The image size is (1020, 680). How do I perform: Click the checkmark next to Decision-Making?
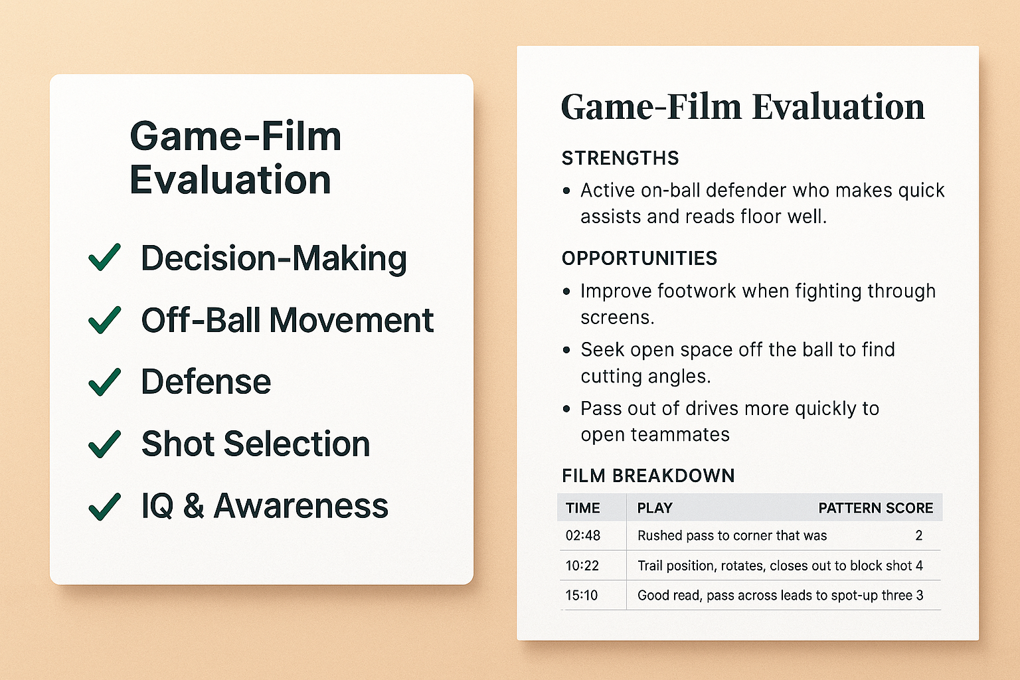point(104,258)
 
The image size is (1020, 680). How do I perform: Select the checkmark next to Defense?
point(104,382)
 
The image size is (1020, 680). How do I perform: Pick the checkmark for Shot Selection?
point(104,444)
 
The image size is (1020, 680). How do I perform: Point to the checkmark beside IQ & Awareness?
point(104,507)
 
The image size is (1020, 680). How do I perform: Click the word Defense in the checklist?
point(206,381)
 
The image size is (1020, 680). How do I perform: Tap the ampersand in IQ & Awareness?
point(193,506)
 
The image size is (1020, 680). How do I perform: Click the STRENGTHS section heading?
point(620,158)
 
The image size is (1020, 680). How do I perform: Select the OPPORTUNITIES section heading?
point(639,258)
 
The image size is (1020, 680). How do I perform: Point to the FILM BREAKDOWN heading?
point(648,475)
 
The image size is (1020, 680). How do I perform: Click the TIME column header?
point(583,508)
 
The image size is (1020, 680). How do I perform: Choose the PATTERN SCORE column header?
point(876,508)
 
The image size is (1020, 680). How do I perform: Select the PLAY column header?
point(655,508)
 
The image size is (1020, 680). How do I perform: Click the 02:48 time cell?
point(583,535)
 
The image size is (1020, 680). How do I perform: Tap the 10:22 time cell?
point(582,566)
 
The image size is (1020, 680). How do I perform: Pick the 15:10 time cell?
point(582,595)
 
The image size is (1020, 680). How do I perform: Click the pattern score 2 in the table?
point(919,535)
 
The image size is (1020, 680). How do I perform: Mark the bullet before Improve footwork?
point(566,292)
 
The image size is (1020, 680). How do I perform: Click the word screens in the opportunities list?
point(618,317)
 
